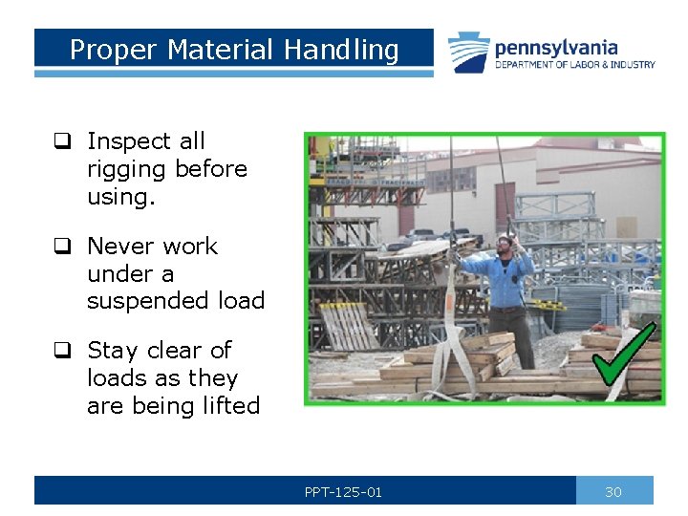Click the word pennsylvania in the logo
[x=556, y=47]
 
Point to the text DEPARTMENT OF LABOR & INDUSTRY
[x=574, y=65]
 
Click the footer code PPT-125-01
[x=343, y=492]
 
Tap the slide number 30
[x=613, y=492]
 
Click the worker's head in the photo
[x=505, y=244]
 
